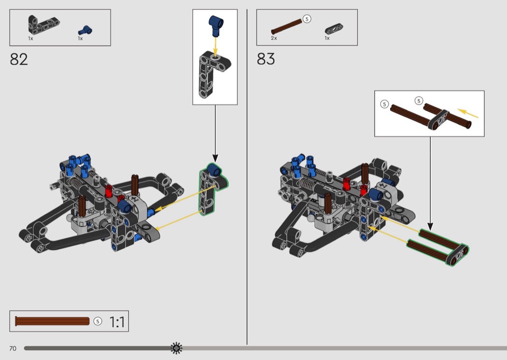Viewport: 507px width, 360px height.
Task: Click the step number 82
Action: tap(19, 59)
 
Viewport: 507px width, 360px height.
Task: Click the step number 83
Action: tap(266, 59)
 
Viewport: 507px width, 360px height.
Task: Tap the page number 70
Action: tap(13, 348)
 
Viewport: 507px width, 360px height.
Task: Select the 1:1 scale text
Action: tap(117, 322)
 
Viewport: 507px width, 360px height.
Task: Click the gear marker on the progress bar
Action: tap(176, 348)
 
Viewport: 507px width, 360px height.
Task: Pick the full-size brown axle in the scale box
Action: tap(52, 321)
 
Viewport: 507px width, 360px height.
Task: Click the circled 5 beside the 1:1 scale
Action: tap(98, 321)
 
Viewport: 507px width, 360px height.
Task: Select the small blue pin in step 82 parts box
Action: tap(85, 30)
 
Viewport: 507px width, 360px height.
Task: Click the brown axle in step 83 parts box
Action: tap(286, 27)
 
